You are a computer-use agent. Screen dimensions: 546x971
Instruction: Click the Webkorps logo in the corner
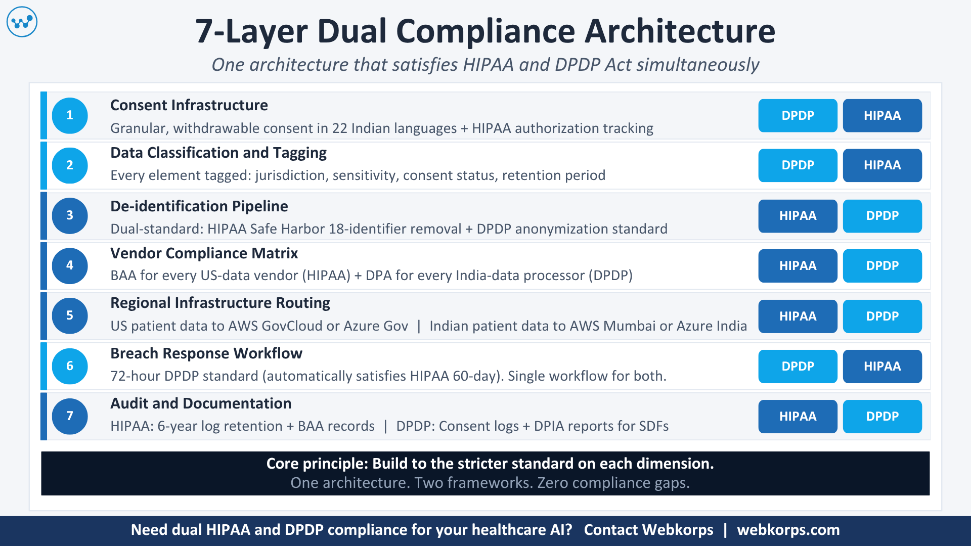click(x=22, y=22)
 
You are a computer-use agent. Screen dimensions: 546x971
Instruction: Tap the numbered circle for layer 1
click(x=70, y=115)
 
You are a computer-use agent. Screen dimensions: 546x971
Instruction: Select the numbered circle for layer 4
click(x=70, y=265)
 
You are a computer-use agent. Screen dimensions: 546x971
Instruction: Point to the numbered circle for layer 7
click(x=70, y=416)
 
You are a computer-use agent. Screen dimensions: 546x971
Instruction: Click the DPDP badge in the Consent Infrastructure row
click(x=798, y=115)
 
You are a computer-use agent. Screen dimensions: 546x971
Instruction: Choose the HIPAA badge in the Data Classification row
click(x=882, y=165)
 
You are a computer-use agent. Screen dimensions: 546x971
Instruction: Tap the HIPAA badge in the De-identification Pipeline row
click(x=798, y=216)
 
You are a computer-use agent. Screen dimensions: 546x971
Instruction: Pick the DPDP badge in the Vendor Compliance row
click(x=882, y=265)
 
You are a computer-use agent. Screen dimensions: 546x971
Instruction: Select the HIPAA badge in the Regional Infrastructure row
click(x=798, y=316)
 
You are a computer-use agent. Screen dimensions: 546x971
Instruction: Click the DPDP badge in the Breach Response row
click(x=798, y=366)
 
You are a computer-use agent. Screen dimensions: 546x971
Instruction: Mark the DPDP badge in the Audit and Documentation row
click(x=882, y=416)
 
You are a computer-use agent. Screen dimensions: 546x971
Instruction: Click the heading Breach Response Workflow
click(x=206, y=353)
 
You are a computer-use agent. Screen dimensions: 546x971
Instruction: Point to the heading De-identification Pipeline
click(x=199, y=206)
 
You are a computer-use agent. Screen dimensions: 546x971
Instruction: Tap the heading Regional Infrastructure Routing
click(x=220, y=303)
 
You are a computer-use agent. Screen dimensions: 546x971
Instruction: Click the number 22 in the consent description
click(x=339, y=128)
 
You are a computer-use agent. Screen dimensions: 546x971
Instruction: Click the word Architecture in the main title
click(x=680, y=31)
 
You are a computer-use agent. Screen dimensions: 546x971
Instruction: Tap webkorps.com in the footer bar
click(x=788, y=530)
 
